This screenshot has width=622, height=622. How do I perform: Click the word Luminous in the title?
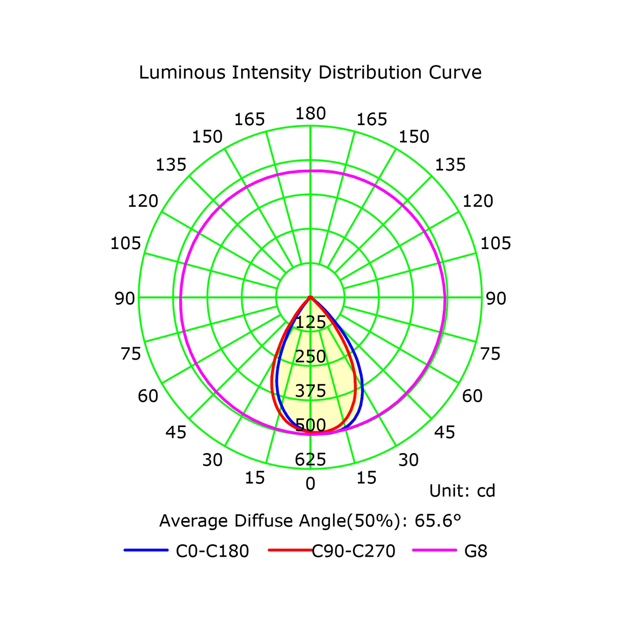[182, 72]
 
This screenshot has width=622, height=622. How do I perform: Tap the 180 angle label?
[310, 113]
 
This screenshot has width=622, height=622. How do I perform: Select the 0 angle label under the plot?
[310, 484]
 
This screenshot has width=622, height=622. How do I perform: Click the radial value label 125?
[311, 322]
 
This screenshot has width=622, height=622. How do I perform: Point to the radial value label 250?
[310, 356]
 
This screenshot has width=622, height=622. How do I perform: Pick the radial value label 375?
[310, 391]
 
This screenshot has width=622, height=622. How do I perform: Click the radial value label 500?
[310, 425]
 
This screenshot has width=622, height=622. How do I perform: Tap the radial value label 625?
[310, 459]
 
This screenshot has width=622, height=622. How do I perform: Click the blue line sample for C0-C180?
[146, 550]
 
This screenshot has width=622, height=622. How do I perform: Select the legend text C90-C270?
[353, 551]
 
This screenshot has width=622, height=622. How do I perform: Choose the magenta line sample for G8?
[434, 550]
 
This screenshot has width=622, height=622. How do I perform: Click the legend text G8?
[476, 551]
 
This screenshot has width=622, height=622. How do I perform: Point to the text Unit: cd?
[462, 491]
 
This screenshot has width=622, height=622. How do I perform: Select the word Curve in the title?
[455, 72]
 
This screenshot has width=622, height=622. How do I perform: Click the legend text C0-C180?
[212, 551]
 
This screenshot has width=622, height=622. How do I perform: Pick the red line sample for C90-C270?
[290, 550]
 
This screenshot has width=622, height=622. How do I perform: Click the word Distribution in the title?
[370, 72]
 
